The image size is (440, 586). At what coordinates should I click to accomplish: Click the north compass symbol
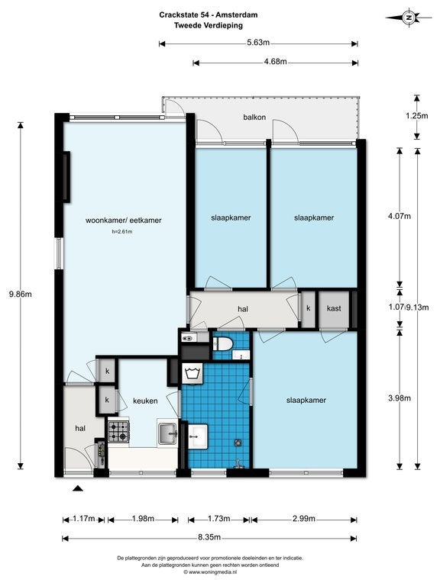click(409, 18)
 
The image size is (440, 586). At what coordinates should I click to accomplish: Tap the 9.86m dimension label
click(20, 294)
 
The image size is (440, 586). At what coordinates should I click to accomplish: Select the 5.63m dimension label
click(258, 42)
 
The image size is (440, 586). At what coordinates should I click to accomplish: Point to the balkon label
click(254, 117)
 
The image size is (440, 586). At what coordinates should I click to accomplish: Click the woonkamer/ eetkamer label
click(124, 220)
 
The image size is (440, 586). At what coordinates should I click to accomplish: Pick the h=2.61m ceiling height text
click(122, 232)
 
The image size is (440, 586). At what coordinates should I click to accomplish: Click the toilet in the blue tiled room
click(222, 343)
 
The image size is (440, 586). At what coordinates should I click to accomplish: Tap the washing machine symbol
click(192, 373)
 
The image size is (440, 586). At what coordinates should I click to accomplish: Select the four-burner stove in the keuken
click(118, 432)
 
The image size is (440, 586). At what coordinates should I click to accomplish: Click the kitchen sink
click(167, 433)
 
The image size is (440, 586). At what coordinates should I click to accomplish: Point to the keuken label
click(145, 401)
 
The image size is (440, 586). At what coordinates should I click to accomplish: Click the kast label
click(334, 308)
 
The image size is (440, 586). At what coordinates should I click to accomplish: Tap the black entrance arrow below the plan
click(77, 488)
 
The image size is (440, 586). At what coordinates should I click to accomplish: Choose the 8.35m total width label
click(209, 537)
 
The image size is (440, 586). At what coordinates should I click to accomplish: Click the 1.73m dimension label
click(219, 518)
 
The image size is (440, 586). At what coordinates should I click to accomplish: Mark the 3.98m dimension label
click(400, 398)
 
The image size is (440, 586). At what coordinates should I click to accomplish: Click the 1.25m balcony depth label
click(417, 116)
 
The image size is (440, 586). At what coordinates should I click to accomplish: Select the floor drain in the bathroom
click(238, 443)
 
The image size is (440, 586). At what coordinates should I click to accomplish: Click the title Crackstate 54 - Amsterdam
click(209, 15)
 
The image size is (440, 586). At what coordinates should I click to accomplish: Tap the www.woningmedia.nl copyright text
click(210, 572)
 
